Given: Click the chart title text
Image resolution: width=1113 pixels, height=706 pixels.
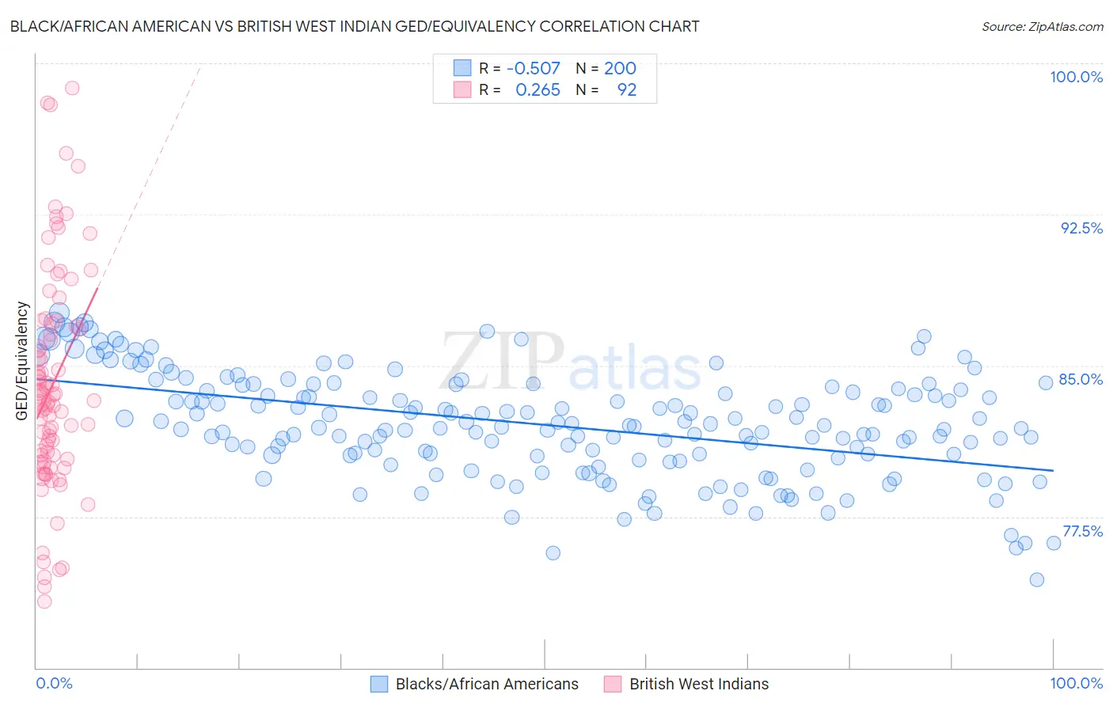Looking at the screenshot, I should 355,26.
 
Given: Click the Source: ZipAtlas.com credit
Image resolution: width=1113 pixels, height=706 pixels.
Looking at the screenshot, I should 1042,26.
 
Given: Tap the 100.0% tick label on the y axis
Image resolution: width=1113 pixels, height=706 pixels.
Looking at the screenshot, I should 1076,77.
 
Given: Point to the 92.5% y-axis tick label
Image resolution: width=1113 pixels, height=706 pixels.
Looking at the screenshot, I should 1081,228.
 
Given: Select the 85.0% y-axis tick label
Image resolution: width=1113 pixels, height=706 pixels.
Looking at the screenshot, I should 1081,379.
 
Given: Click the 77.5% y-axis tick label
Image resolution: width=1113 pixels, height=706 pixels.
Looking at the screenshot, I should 1081,531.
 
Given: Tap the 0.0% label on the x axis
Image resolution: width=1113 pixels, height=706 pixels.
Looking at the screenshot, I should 54,683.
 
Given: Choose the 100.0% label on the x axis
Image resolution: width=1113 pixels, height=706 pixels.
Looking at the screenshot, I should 1076,683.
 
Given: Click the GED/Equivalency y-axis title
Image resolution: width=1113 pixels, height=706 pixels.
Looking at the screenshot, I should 22,361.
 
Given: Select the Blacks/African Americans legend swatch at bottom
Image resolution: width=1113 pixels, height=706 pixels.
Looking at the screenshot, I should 379,684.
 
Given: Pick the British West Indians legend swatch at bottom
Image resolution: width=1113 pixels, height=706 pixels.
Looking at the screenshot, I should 613,684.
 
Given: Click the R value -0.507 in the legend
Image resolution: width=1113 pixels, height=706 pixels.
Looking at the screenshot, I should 533,68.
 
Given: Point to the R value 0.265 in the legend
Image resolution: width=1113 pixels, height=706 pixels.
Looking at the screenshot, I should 538,90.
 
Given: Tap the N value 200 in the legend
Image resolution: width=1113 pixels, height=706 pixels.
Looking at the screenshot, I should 620,68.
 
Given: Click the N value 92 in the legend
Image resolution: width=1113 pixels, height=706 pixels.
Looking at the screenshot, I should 626,90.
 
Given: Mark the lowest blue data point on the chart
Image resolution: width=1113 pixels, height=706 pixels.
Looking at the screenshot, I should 1036,579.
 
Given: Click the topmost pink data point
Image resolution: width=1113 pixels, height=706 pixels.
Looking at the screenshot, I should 72,88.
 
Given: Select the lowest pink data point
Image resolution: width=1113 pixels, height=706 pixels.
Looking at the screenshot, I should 44,602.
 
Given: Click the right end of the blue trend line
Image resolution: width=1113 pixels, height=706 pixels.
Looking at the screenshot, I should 1053,470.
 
